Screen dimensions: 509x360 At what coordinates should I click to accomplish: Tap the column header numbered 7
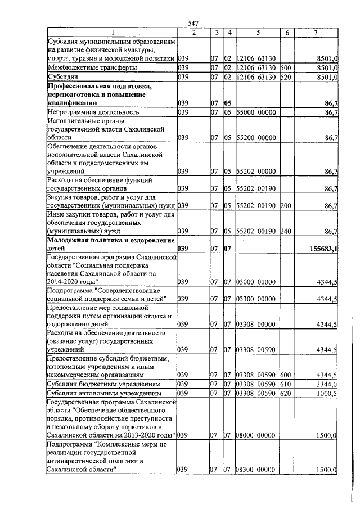click(x=316, y=33)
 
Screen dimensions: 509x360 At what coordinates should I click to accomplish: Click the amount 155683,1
click(x=321, y=247)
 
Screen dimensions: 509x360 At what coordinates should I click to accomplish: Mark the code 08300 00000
click(x=256, y=470)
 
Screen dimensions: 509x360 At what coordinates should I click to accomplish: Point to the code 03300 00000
click(x=256, y=299)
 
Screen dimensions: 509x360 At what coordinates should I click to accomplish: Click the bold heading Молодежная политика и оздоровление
click(x=110, y=240)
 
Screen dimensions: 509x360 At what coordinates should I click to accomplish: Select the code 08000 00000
click(x=256, y=435)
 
